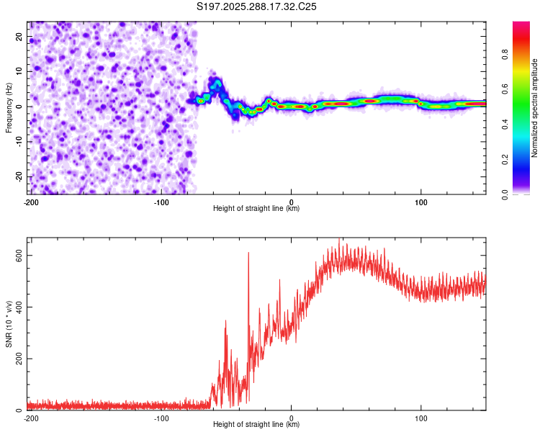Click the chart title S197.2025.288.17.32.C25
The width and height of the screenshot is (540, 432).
pos(257,6)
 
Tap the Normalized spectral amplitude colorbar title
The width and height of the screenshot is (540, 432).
pos(535,108)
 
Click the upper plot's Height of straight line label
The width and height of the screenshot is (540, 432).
pos(256,208)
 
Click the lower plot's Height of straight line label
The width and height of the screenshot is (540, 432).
pos(256,424)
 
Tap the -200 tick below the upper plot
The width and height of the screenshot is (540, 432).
pos(31,202)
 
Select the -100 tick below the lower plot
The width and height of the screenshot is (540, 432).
pos(161,418)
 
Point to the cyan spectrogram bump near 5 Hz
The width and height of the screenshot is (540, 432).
pos(215,84)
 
